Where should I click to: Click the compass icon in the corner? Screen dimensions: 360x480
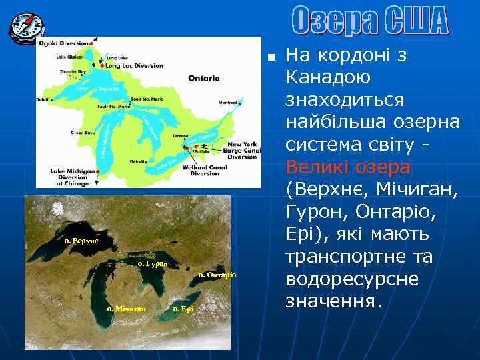(26, 27)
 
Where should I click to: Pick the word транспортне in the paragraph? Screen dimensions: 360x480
(359, 257)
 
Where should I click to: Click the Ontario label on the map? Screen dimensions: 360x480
(203, 79)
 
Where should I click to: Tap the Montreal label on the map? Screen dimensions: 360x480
(229, 103)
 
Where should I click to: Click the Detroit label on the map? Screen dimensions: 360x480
(138, 161)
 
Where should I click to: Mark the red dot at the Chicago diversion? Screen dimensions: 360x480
(98, 172)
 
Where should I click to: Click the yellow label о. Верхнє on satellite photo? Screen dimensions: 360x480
(81, 240)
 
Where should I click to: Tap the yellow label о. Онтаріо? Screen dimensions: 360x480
(217, 275)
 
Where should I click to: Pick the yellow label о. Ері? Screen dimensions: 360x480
(183, 309)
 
